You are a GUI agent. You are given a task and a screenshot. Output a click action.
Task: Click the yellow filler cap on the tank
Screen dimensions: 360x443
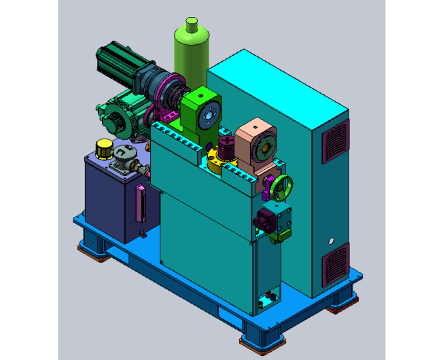click(x=103, y=147)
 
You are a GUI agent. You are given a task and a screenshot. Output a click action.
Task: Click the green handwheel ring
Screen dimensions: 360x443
click(x=281, y=185)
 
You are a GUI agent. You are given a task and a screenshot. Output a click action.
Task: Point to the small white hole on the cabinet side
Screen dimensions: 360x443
click(x=331, y=240)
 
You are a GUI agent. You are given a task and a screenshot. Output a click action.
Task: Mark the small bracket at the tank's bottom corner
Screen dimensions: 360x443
click(x=143, y=234)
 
